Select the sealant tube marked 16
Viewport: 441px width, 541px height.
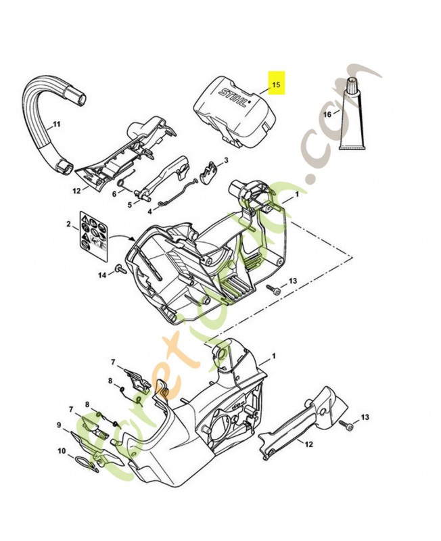(351, 118)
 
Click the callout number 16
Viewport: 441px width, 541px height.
(327, 114)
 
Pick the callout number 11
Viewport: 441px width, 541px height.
(57, 124)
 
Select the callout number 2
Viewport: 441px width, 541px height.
(68, 223)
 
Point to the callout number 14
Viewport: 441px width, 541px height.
(102, 275)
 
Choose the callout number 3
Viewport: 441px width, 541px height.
(225, 160)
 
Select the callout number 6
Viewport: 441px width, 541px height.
(114, 192)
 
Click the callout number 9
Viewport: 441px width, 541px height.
(59, 425)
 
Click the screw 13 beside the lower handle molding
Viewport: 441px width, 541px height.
(348, 427)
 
